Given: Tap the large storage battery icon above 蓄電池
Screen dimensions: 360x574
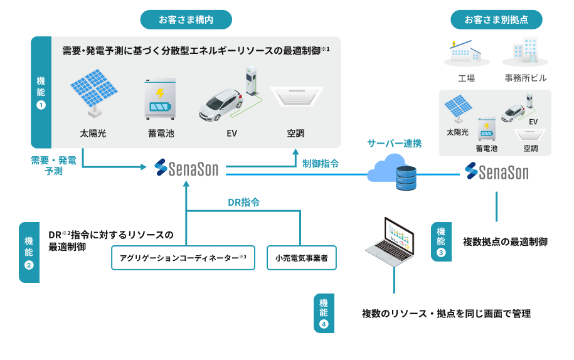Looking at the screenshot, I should point(161,98).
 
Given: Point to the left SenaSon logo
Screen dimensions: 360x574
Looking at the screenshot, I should point(186,168).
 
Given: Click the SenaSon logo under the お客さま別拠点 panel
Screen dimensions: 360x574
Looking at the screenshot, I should point(496,171).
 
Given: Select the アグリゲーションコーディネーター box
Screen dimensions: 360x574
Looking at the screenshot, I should point(183,257).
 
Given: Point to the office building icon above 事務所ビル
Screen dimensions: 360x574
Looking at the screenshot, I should point(524,51).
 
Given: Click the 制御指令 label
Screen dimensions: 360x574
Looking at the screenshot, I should point(321,164).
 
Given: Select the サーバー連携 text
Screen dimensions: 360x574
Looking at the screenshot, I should point(394,143).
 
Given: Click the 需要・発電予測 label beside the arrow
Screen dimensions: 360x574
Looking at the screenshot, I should point(54,166).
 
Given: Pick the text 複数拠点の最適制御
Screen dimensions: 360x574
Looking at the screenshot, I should point(505,241).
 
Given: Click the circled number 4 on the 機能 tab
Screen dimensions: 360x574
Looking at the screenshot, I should point(324,324).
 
